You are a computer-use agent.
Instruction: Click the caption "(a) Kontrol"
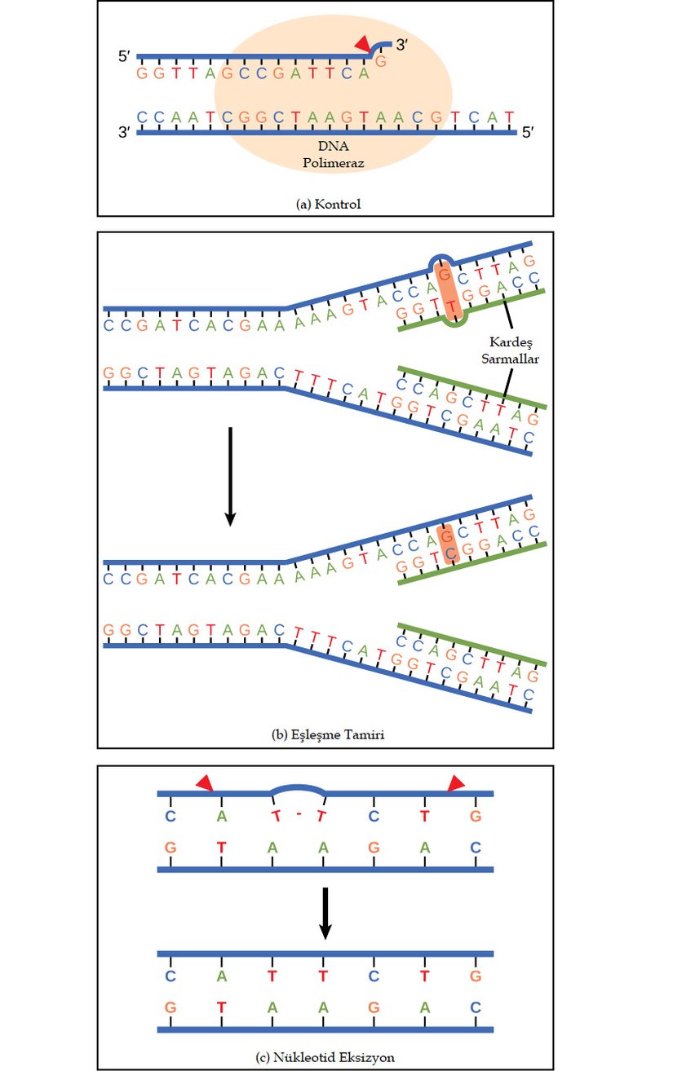click(x=327, y=205)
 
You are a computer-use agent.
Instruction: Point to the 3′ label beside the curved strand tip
click(x=401, y=46)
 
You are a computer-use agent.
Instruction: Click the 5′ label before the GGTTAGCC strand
click(x=125, y=58)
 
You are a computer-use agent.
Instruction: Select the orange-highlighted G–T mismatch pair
click(x=447, y=289)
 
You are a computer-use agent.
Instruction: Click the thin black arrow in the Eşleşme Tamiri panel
click(x=230, y=476)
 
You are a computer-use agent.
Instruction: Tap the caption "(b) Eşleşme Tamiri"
click(x=327, y=734)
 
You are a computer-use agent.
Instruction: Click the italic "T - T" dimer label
click(x=298, y=816)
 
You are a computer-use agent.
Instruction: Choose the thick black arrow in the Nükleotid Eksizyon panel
click(x=324, y=914)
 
